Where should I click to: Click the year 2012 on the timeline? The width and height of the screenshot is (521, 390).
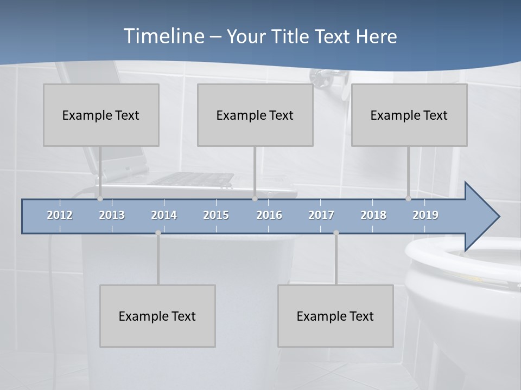coord(60,215)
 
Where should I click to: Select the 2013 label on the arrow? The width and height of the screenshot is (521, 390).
coord(112,215)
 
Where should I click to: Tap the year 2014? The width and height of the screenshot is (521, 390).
coord(164,215)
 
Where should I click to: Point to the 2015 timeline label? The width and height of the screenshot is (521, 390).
coord(216,215)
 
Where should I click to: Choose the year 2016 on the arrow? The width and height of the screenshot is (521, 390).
coord(269,215)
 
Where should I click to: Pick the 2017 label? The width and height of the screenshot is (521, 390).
coord(321,215)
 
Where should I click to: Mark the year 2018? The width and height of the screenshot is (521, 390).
coord(373,215)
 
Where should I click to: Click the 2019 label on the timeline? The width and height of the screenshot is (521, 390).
coord(425,215)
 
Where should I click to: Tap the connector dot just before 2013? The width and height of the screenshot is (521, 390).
coord(100,199)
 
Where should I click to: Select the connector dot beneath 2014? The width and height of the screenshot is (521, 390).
coord(158,233)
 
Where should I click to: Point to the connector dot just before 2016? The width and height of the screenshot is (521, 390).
coord(255,199)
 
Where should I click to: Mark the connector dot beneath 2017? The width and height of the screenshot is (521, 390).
coord(336,233)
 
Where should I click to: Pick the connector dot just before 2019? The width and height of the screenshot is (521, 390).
coord(408,199)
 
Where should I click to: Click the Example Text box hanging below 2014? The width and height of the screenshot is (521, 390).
coord(157,316)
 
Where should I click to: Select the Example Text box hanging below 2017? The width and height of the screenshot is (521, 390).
coord(335,316)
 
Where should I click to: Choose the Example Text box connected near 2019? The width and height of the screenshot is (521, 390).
coord(409,115)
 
